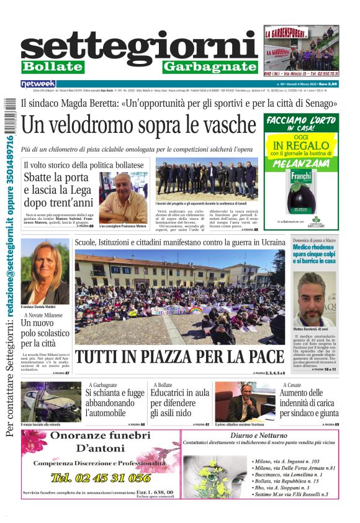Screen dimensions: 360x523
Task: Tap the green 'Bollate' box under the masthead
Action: click(x=52, y=66)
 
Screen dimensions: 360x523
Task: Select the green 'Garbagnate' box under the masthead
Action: click(x=210, y=66)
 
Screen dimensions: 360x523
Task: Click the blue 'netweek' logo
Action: click(x=38, y=83)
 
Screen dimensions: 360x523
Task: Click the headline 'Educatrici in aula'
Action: click(x=179, y=393)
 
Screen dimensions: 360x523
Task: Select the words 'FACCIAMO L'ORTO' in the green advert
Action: click(x=300, y=120)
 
